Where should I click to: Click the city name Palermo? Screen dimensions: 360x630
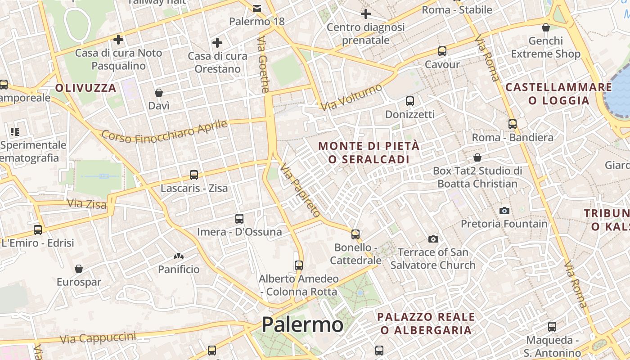pyautogui.click(x=302, y=324)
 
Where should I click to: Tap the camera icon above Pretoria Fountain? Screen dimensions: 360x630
pyautogui.click(x=504, y=211)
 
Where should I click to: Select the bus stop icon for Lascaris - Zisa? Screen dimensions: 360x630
pyautogui.click(x=194, y=175)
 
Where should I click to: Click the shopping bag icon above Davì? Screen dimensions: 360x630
pyautogui.click(x=159, y=93)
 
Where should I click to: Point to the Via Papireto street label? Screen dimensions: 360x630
pyautogui.click(x=300, y=191)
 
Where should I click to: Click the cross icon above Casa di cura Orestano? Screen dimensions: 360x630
pyautogui.click(x=217, y=43)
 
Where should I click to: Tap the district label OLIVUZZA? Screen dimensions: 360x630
pyautogui.click(x=86, y=88)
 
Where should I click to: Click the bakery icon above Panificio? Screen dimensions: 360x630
pyautogui.click(x=179, y=256)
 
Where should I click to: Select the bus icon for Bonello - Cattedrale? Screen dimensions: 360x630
pyautogui.click(x=355, y=234)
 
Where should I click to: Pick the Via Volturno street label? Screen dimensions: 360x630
pyautogui.click(x=351, y=97)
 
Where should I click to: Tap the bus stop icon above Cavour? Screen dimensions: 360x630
pyautogui.click(x=442, y=51)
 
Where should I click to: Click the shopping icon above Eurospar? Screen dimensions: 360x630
pyautogui.click(x=79, y=269)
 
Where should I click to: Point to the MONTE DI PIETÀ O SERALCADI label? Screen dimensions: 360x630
pyautogui.click(x=369, y=153)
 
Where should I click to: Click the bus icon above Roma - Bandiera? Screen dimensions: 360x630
pyautogui.click(x=513, y=124)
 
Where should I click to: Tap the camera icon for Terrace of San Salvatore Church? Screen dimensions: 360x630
pyautogui.click(x=433, y=239)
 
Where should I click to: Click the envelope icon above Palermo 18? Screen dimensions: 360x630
pyautogui.click(x=257, y=8)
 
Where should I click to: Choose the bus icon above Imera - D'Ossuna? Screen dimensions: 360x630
pyautogui.click(x=239, y=219)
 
